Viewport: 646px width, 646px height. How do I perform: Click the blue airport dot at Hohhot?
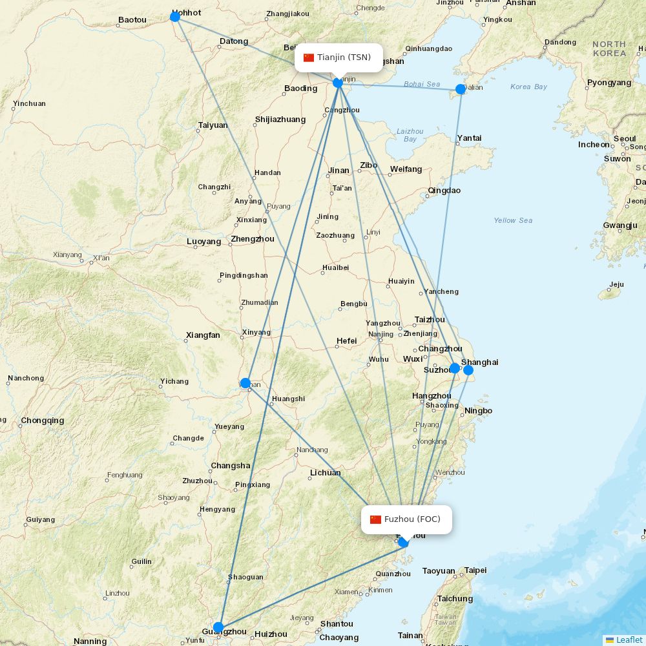174,16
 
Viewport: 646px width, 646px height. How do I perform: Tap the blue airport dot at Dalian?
460,89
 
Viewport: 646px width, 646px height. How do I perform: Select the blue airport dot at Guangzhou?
218,627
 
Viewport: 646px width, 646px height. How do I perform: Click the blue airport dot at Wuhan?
245,383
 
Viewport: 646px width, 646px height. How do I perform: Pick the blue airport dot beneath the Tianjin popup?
338,83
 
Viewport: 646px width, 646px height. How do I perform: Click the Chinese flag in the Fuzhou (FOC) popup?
375,519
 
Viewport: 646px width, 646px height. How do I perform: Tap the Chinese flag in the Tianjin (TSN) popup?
309,57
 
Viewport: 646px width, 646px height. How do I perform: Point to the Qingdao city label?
444,191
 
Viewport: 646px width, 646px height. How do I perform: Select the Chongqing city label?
43,421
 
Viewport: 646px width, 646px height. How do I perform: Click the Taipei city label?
475,570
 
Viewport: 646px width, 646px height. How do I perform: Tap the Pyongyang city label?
609,83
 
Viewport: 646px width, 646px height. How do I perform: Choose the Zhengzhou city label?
253,239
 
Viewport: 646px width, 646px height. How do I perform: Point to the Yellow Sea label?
513,220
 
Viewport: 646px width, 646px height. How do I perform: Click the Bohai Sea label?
422,84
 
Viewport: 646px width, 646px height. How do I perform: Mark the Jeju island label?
616,284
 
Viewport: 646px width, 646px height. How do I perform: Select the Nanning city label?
90,641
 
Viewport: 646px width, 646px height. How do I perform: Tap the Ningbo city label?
478,411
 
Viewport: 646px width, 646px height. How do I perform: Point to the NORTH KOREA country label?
609,48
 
